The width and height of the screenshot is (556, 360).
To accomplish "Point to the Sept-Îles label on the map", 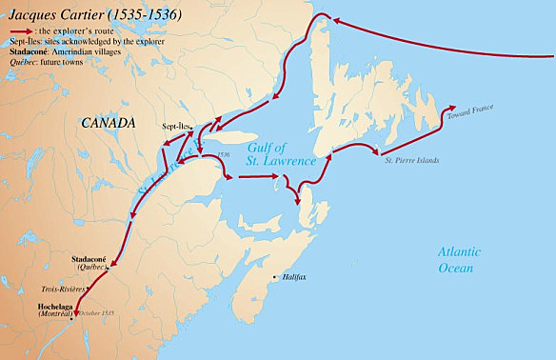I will (x=177, y=125).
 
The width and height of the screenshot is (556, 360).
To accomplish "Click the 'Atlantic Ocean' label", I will (x=459, y=261).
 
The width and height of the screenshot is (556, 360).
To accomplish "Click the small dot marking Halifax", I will (x=278, y=277).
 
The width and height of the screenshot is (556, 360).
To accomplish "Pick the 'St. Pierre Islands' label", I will (x=412, y=160).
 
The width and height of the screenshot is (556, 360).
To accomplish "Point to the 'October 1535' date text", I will (x=97, y=314).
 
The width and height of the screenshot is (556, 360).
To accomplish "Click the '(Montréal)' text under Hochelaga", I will (x=56, y=314).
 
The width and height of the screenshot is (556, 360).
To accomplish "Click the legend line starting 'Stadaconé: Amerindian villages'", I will (x=63, y=51).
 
